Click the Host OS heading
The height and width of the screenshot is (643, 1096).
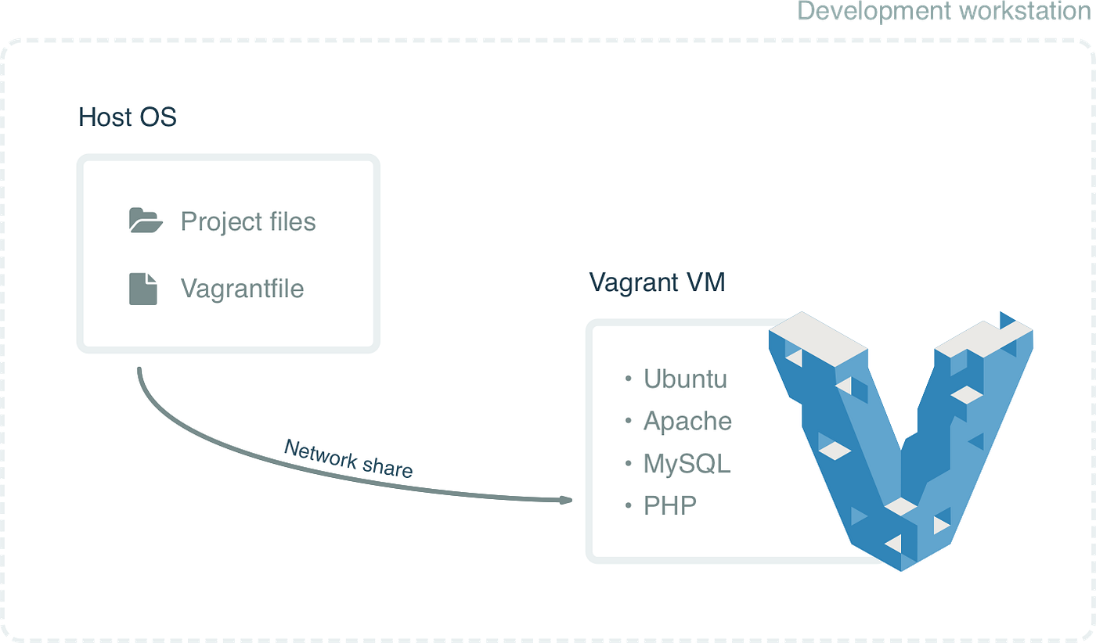128,117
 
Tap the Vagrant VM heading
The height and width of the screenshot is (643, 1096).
657,282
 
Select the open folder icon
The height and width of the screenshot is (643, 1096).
146,221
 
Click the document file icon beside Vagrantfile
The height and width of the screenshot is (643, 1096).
143,289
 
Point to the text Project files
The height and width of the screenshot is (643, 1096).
248,221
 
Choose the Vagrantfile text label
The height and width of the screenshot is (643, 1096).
242,289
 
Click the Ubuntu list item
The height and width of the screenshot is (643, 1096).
685,379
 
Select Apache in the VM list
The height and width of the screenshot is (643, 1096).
687,421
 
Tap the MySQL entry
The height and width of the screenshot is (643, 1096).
687,464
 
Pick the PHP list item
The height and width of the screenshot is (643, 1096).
670,505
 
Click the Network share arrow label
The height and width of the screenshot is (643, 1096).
348,458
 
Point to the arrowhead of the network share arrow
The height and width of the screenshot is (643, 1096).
566,499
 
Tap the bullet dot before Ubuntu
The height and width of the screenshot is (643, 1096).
628,379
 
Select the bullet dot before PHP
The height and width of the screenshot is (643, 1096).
628,506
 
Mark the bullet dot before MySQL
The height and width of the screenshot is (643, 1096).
628,464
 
